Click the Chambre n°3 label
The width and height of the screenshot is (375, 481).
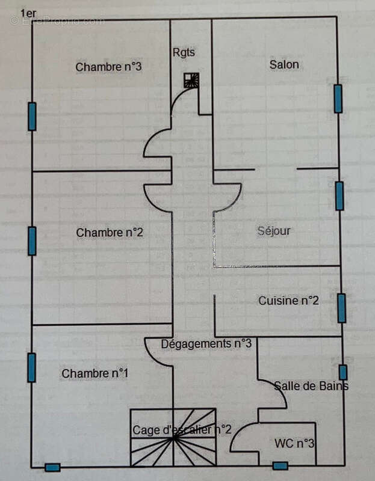coord(108,67)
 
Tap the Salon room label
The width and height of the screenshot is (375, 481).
coord(284,64)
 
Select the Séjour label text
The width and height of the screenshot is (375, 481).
coord(274,231)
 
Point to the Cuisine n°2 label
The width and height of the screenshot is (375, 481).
coord(288,301)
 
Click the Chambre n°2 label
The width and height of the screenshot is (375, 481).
coord(110,232)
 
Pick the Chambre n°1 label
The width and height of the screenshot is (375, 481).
coord(95,373)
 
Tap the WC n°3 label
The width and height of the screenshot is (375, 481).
coord(294,444)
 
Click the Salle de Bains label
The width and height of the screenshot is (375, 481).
coord(311,386)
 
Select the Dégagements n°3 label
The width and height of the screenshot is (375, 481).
coord(206,343)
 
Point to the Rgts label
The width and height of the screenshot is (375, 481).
coord(184,52)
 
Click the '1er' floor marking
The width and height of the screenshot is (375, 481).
coord(28,13)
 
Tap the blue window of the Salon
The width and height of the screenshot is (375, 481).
coord(338,99)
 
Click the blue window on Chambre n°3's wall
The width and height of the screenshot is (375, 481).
coord(32,117)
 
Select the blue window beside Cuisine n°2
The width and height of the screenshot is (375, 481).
coord(341,308)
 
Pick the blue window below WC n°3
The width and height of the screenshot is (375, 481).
coord(280,465)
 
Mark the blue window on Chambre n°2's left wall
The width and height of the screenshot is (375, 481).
coord(32,240)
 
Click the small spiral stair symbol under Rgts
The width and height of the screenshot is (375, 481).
coord(191,81)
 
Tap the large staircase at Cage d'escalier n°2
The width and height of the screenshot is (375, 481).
coord(173,437)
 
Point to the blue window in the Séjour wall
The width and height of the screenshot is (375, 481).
coord(339,196)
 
